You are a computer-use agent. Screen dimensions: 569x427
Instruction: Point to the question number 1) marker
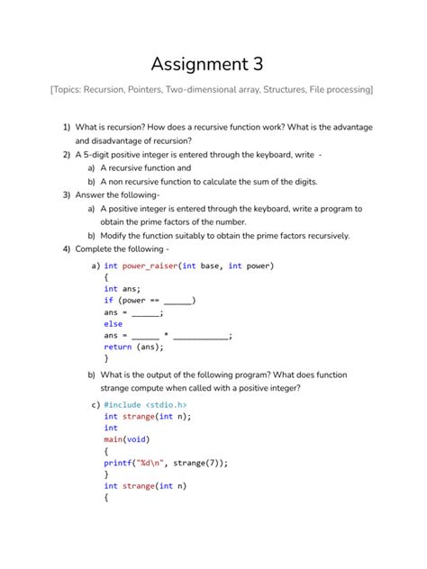point(67,128)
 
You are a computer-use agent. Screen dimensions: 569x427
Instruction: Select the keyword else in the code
point(113,324)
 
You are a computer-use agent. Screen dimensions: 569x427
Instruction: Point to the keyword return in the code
point(117,347)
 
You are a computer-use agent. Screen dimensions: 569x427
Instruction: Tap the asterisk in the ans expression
point(167,335)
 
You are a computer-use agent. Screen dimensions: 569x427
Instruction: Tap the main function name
point(114,439)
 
